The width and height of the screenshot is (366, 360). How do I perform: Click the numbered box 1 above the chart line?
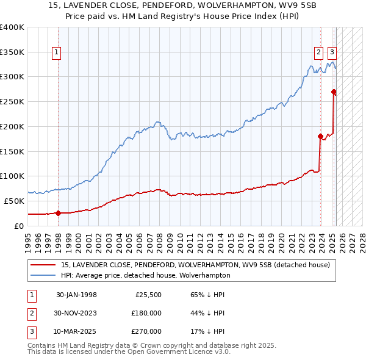(x=56, y=52)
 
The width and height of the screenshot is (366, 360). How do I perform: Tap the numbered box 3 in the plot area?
(x=332, y=52)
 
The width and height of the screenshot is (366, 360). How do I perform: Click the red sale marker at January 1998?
(x=58, y=213)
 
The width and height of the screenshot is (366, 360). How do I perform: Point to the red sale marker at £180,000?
(x=320, y=136)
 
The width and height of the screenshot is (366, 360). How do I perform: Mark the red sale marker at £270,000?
(x=334, y=92)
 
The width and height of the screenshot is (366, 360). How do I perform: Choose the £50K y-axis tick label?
(x=14, y=201)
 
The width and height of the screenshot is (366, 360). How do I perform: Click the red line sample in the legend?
(x=43, y=265)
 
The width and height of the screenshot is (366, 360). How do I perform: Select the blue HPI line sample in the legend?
(x=43, y=275)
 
